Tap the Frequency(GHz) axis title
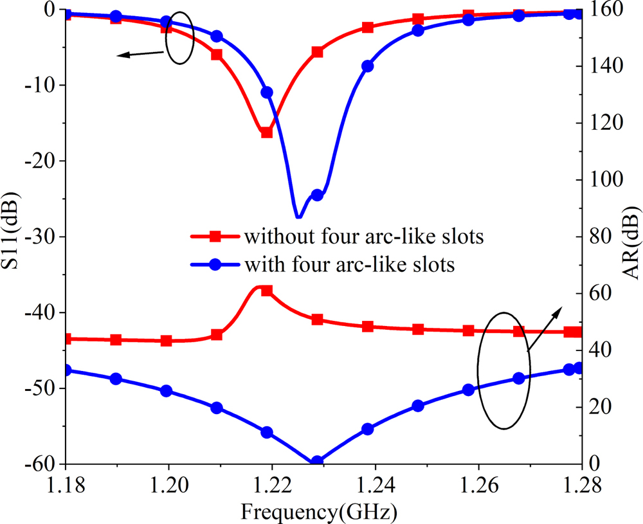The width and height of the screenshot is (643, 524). [319, 512]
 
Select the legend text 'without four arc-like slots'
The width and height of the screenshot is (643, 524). [363, 237]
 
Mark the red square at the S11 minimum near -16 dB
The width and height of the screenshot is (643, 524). [267, 132]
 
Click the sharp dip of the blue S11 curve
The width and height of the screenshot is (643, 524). [298, 217]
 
